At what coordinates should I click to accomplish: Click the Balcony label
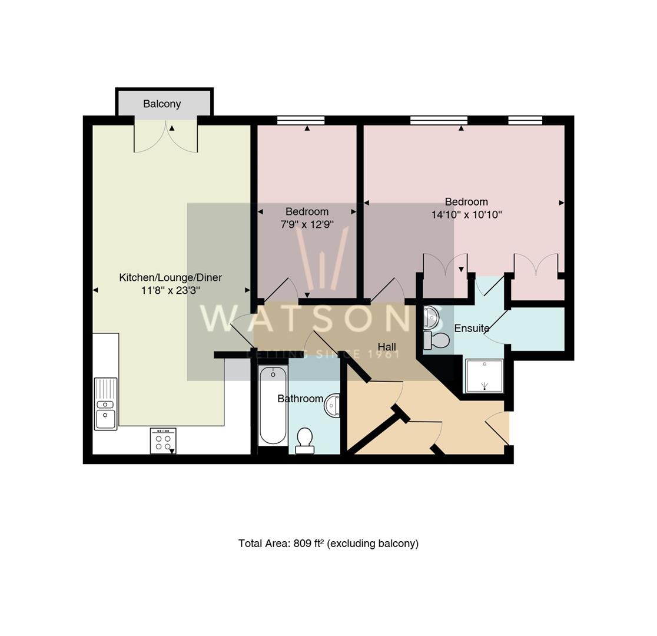click(x=162, y=104)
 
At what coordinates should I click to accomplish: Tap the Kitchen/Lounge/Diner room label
click(x=171, y=277)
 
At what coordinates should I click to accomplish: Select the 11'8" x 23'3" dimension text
click(x=171, y=290)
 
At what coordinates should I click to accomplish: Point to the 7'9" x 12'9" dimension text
click(x=307, y=224)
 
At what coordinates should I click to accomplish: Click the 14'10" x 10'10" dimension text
click(x=467, y=215)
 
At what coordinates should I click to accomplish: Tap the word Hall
click(x=387, y=347)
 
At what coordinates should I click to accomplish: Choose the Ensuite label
click(x=472, y=328)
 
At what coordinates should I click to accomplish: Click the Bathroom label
click(x=300, y=399)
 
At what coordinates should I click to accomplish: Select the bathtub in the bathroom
click(x=273, y=405)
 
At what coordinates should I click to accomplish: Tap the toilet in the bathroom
click(x=304, y=440)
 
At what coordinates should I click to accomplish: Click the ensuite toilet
click(x=436, y=340)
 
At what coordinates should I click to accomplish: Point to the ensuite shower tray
click(x=485, y=376)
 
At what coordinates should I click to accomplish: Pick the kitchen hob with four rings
click(x=163, y=440)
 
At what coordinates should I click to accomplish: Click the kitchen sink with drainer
click(x=105, y=404)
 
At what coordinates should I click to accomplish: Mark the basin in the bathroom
click(x=332, y=405)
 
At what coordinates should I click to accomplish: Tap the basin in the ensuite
click(x=431, y=317)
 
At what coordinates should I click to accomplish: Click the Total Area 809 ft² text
click(x=328, y=544)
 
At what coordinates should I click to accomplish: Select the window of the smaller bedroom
click(x=301, y=120)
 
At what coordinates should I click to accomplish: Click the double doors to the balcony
click(x=165, y=136)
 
